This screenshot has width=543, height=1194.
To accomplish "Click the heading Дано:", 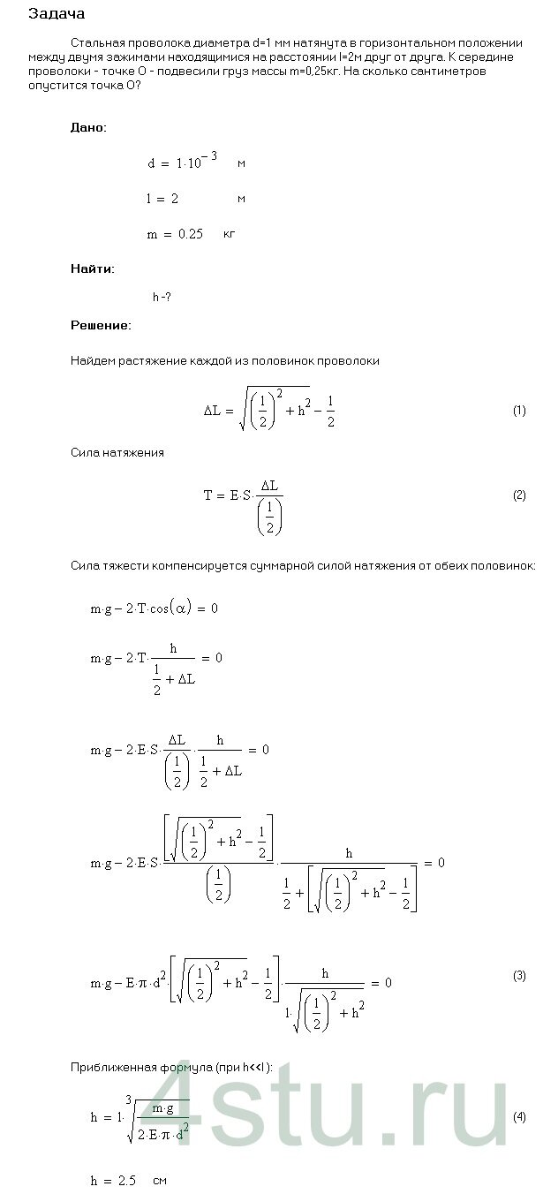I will pyautogui.click(x=88, y=127).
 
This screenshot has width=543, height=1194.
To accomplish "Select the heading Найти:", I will pyautogui.click(x=92, y=268).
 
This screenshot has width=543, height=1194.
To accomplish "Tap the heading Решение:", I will pyautogui.click(x=101, y=326).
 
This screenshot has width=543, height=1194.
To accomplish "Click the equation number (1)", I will pyautogui.click(x=519, y=411).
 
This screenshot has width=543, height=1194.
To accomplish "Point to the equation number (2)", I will pyautogui.click(x=519, y=495).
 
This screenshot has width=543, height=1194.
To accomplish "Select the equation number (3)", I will pyautogui.click(x=519, y=975).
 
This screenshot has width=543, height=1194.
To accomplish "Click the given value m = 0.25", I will pyautogui.click(x=175, y=234).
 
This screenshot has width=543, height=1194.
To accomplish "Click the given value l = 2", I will pyautogui.click(x=162, y=200).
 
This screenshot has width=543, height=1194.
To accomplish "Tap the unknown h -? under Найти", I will pyautogui.click(x=162, y=298).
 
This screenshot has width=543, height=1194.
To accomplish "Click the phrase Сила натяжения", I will pyautogui.click(x=117, y=453).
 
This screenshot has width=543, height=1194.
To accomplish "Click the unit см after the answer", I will pyautogui.click(x=160, y=1180).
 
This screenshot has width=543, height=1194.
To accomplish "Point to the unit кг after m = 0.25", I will pyautogui.click(x=230, y=234).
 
